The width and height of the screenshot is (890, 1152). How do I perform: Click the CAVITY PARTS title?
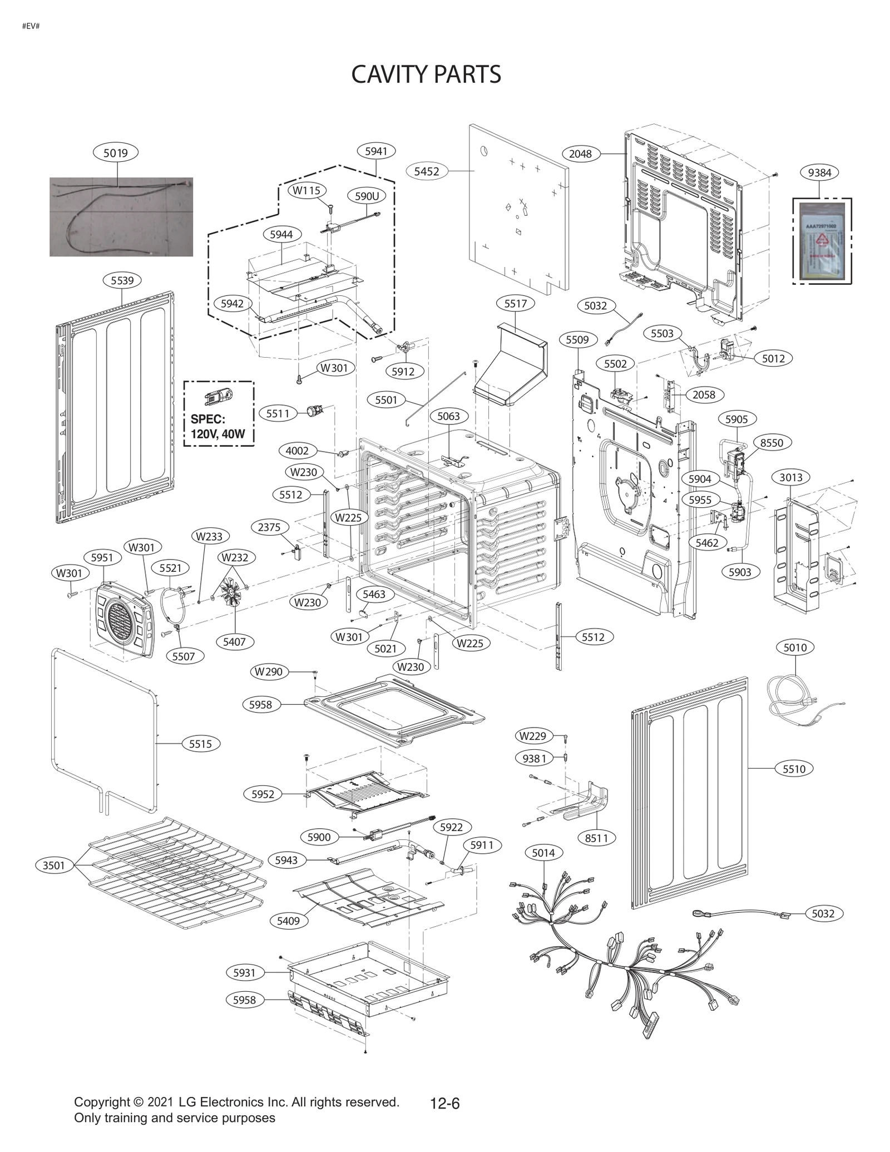pyautogui.click(x=426, y=75)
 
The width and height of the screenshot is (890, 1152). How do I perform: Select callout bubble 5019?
pyautogui.click(x=116, y=152)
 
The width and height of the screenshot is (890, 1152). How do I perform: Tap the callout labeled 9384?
pyautogui.click(x=819, y=172)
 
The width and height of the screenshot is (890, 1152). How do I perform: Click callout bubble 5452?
pyautogui.click(x=427, y=171)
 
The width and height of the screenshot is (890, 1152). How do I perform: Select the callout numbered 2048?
pyautogui.click(x=580, y=154)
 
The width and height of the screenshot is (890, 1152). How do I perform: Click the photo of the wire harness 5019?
pyautogui.click(x=121, y=217)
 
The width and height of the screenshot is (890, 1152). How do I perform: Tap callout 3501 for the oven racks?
pyautogui.click(x=54, y=865)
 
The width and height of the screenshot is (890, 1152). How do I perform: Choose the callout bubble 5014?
pyautogui.click(x=543, y=853)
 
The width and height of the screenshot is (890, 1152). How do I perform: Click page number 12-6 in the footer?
pyautogui.click(x=445, y=1103)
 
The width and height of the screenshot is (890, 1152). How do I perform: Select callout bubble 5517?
pyautogui.click(x=515, y=304)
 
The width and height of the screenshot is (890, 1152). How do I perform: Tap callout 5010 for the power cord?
pyautogui.click(x=795, y=647)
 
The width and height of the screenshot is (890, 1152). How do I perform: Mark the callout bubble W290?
pyautogui.click(x=269, y=672)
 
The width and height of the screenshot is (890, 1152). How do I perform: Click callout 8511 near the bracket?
pyautogui.click(x=597, y=838)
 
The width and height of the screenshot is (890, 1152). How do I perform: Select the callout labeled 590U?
pyautogui.click(x=367, y=196)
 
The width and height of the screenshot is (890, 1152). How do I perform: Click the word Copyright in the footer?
pyautogui.click(x=101, y=1102)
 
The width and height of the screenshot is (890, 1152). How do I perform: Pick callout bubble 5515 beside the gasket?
pyautogui.click(x=200, y=744)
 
